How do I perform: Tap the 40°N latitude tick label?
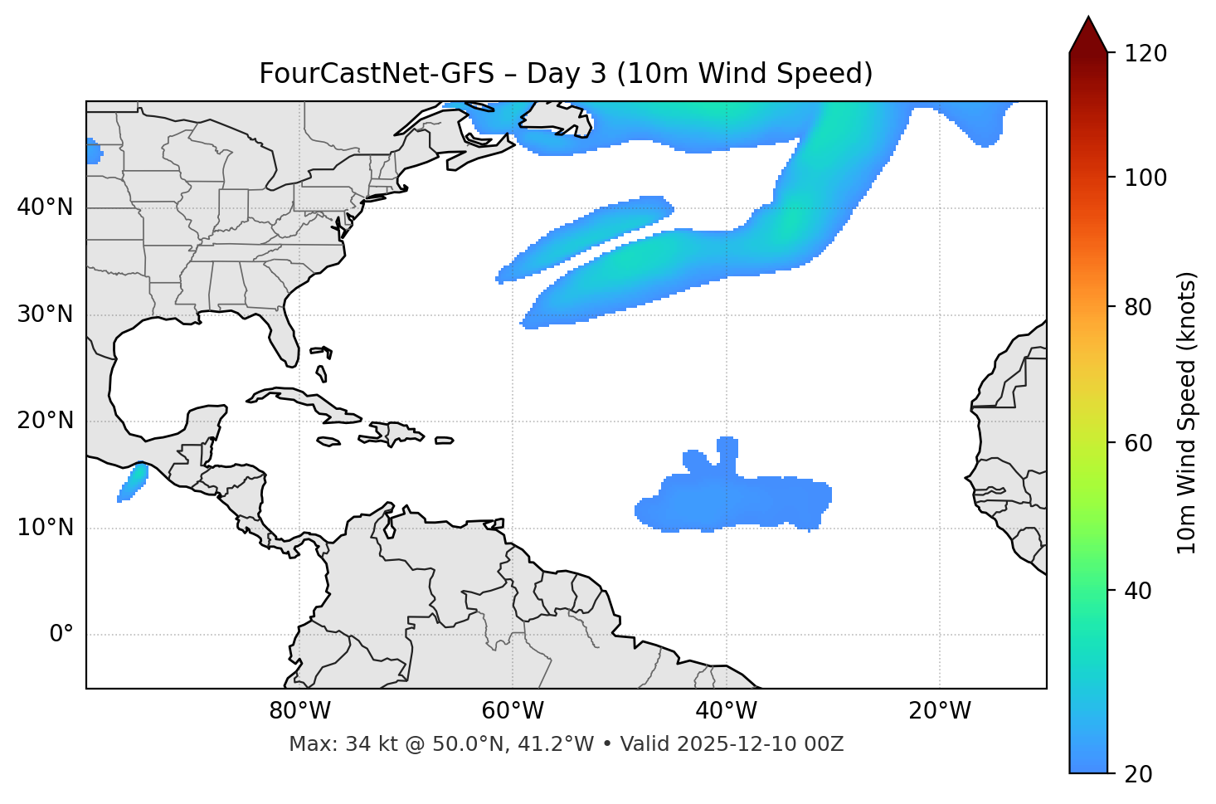46,207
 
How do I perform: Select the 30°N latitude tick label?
46,314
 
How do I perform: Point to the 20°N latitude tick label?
46,421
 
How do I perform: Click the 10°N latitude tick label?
46,528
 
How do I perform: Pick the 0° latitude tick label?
61,635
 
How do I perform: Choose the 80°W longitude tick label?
299,711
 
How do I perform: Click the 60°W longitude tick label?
513,711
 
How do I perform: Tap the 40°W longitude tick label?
726,711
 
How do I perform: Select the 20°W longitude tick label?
939,711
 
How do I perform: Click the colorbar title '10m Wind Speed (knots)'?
1188,412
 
